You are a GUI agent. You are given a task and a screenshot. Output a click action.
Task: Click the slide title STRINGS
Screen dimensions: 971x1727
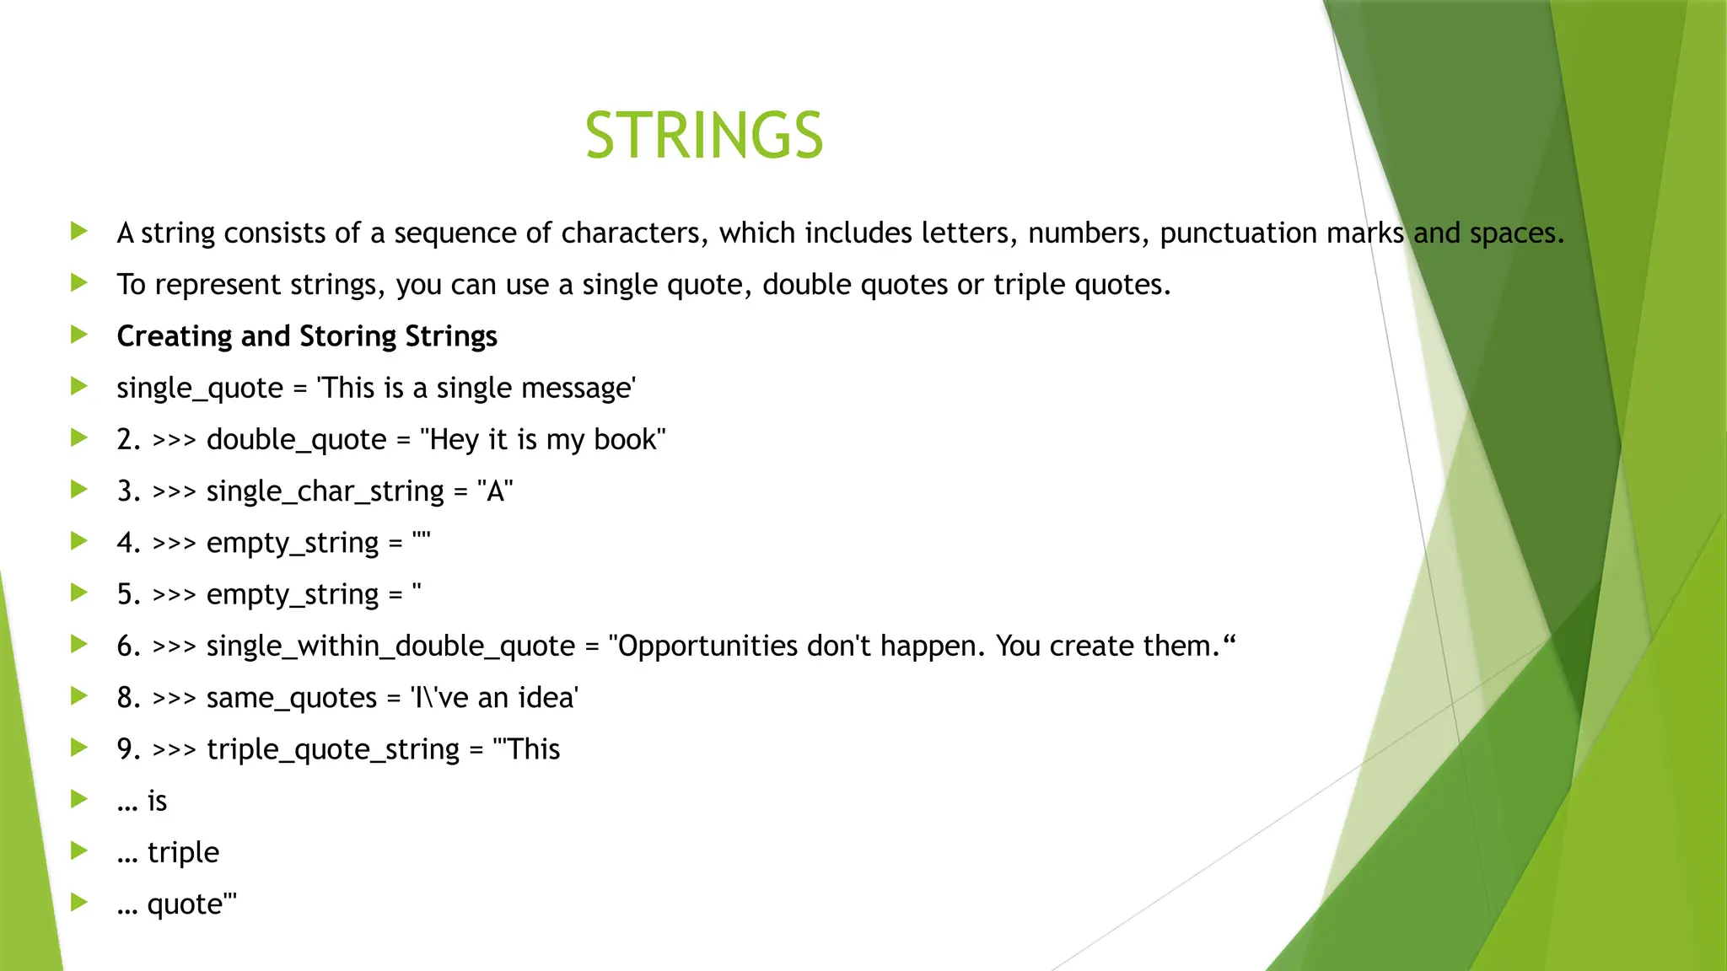[x=704, y=136]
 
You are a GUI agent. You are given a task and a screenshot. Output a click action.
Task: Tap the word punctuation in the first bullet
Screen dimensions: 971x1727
[x=1238, y=233]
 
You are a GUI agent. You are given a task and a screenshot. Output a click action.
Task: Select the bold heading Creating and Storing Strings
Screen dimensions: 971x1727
[x=307, y=336]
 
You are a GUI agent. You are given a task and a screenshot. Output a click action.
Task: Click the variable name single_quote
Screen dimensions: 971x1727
[x=200, y=389]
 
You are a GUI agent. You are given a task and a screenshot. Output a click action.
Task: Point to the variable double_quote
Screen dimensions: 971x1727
[x=296, y=440]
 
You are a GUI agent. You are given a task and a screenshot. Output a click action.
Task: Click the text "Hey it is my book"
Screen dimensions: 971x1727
[x=542, y=440]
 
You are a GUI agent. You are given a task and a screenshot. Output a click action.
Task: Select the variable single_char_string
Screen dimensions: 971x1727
[x=325, y=491]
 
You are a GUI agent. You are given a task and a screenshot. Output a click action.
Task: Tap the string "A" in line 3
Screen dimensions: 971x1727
[x=495, y=491]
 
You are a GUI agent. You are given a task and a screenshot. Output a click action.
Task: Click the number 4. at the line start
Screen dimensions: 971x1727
[x=129, y=543]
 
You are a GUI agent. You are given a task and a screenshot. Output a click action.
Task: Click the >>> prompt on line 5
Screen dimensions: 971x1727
[x=174, y=595]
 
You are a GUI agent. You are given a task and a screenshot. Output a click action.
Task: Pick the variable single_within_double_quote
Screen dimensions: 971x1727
[x=390, y=646]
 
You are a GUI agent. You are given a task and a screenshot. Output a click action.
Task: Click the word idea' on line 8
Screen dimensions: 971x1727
[x=548, y=698]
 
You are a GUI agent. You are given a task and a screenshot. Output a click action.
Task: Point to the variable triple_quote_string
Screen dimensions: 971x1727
[x=333, y=750]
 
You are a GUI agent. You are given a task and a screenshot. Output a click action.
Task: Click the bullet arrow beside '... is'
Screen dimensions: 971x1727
[x=79, y=799]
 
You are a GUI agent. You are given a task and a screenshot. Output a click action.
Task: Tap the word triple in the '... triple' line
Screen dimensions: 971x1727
[x=183, y=853]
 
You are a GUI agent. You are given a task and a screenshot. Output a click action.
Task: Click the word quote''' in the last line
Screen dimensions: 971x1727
[x=191, y=904]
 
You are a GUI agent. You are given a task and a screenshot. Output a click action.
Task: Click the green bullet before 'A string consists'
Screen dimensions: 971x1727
[x=79, y=231]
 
